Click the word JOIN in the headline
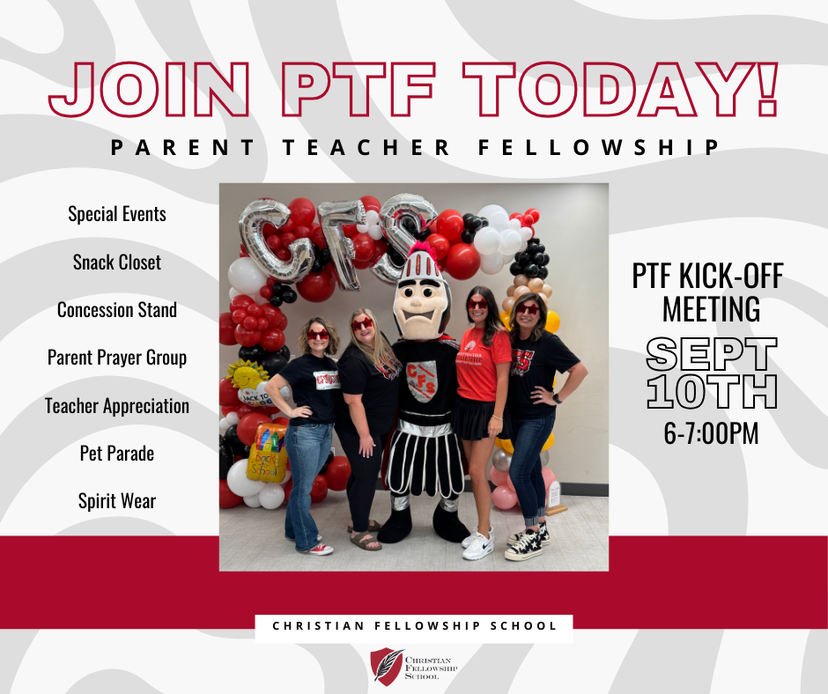pyautogui.click(x=149, y=89)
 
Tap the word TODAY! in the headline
pyautogui.click(x=620, y=89)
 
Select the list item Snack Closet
pyautogui.click(x=116, y=262)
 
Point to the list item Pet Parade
pyautogui.click(x=116, y=454)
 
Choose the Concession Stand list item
pyautogui.click(x=116, y=309)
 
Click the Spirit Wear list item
pyautogui.click(x=116, y=501)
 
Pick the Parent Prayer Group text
pyautogui.click(x=116, y=358)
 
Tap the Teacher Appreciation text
pyautogui.click(x=116, y=406)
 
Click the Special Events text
pyautogui.click(x=116, y=214)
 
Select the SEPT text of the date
pyautogui.click(x=712, y=354)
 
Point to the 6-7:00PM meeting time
pyautogui.click(x=712, y=433)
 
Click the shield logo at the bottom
pyautogui.click(x=387, y=667)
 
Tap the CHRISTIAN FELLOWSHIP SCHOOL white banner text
pyautogui.click(x=415, y=626)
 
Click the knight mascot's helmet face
pyautogui.click(x=422, y=309)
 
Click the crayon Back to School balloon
pyautogui.click(x=267, y=452)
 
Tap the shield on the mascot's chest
pyautogui.click(x=423, y=380)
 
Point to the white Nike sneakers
pyautogui.click(x=478, y=543)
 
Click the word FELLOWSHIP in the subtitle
pyautogui.click(x=599, y=147)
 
